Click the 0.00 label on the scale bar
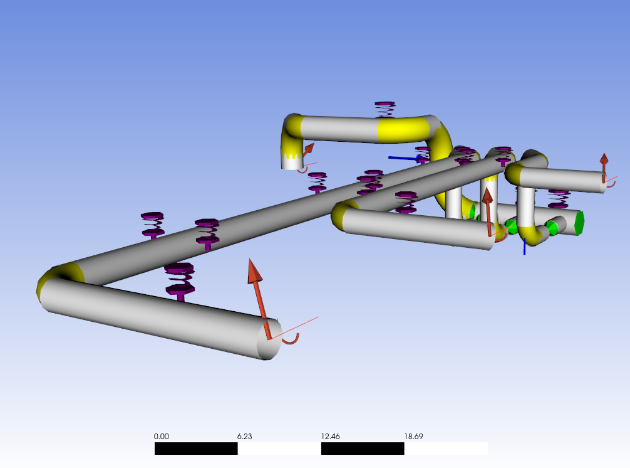pos(161,436)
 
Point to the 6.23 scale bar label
pos(244,436)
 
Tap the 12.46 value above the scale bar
pos(330,436)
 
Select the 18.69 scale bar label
pos(413,436)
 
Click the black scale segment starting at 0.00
pos(196,449)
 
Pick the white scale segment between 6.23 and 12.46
pos(279,449)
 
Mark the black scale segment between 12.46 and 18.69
pos(363,449)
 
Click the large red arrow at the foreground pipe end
pos(259,298)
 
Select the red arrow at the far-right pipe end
pos(604,167)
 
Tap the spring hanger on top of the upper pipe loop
pos(385,109)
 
